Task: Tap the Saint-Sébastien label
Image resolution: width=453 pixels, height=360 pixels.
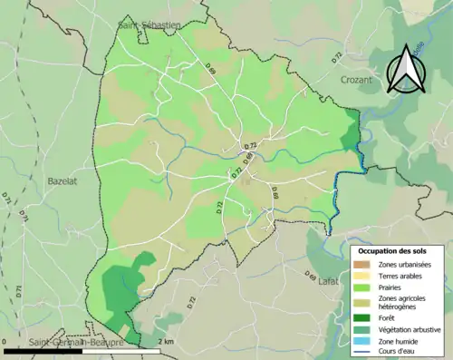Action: (149, 25)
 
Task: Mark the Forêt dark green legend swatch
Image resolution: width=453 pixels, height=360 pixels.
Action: (361, 318)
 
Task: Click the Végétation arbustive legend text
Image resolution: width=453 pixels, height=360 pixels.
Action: (410, 329)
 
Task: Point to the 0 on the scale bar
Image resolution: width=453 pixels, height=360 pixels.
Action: (5, 341)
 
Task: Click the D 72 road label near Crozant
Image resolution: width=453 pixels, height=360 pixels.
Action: (336, 57)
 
